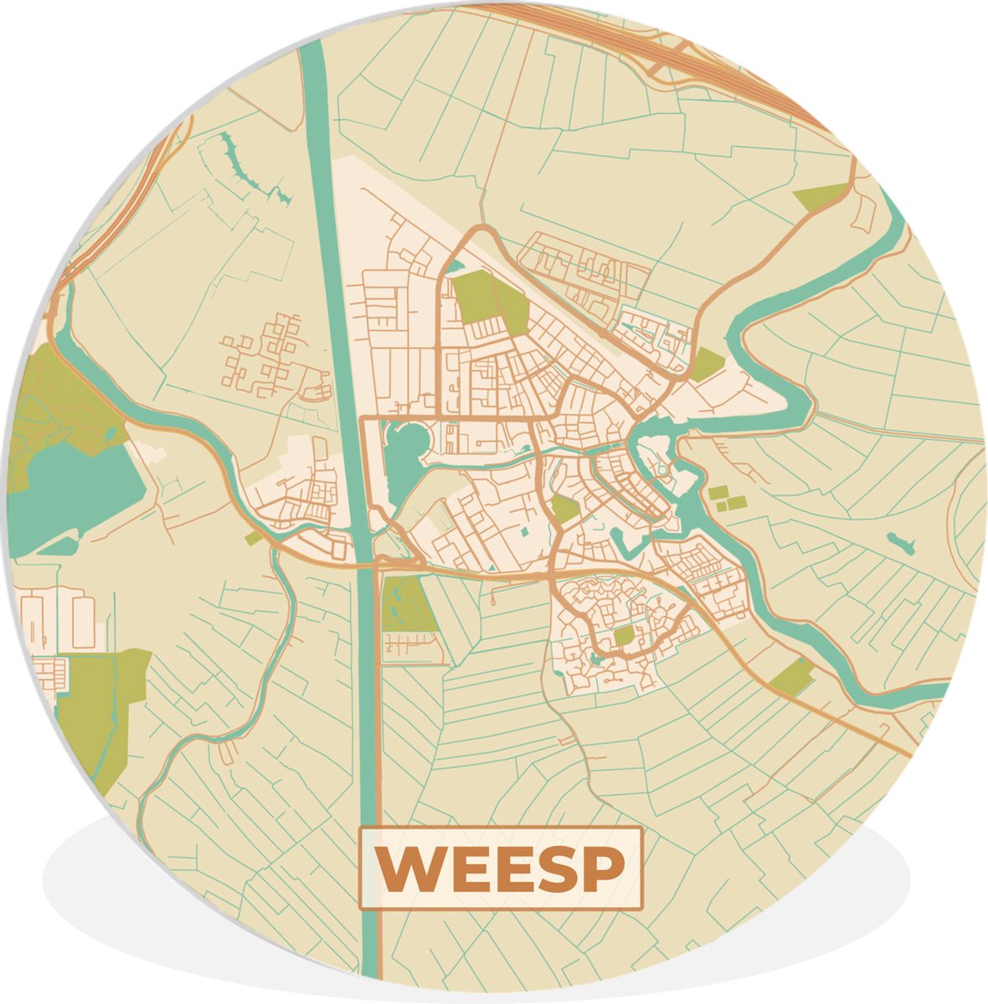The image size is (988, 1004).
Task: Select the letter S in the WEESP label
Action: tap(557, 869)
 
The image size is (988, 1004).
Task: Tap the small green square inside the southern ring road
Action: tap(624, 637)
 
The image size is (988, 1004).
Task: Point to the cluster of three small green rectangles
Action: tap(727, 498)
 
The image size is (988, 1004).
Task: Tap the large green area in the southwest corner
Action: tap(100, 711)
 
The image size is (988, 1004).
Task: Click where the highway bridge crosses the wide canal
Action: tap(364, 565)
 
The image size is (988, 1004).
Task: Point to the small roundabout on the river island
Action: tap(665, 471)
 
